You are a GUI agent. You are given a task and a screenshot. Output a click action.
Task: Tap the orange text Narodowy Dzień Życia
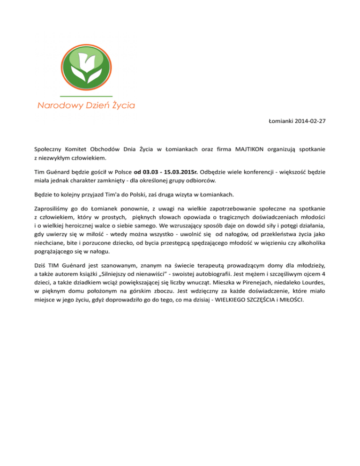(86, 105)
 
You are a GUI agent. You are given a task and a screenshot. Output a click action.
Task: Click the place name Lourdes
(311, 283)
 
